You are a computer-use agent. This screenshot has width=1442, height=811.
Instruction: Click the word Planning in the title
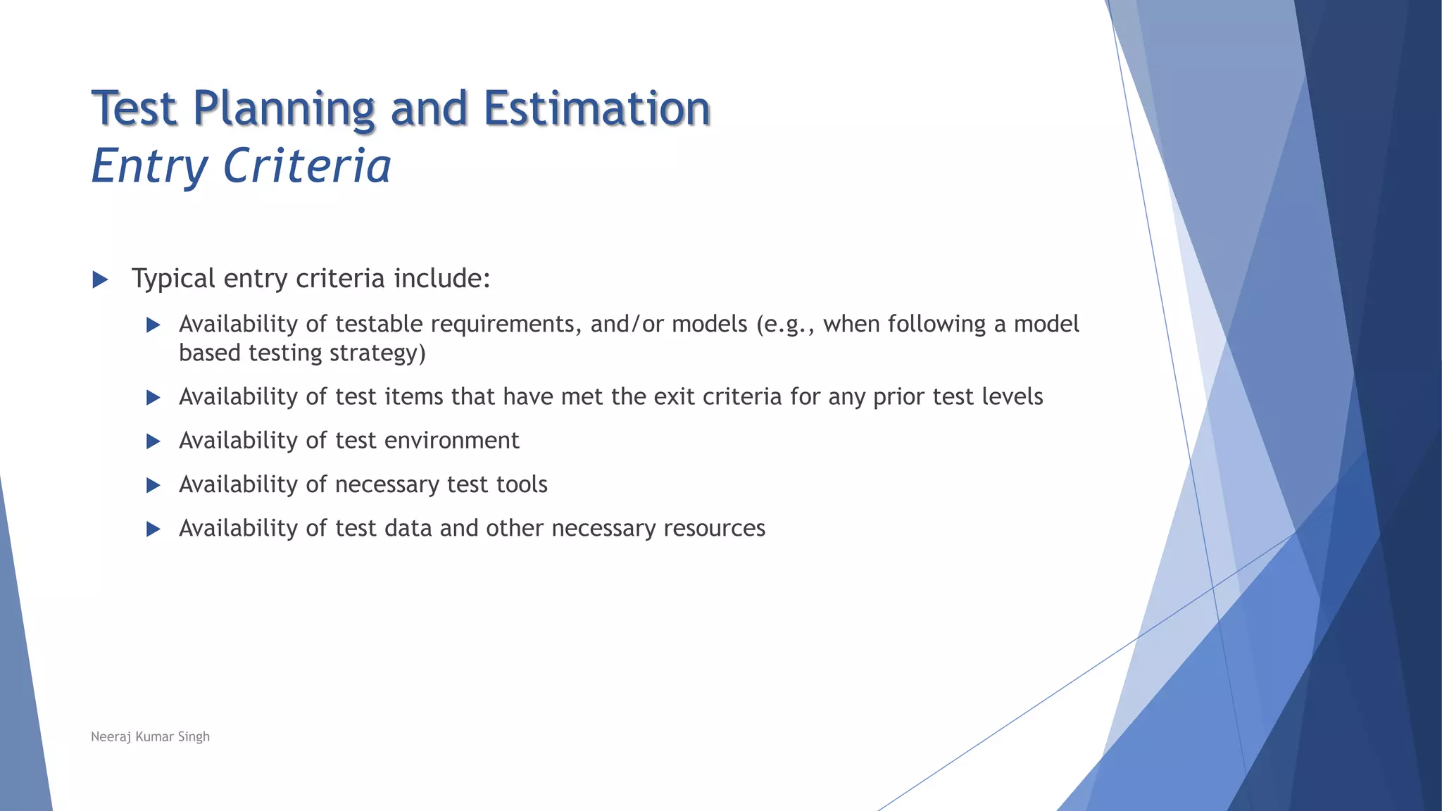(x=283, y=109)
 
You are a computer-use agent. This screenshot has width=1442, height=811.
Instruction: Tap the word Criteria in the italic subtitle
(x=307, y=167)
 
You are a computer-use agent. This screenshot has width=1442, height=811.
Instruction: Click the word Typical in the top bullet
(x=173, y=279)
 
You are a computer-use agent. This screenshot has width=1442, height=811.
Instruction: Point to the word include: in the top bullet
(x=441, y=278)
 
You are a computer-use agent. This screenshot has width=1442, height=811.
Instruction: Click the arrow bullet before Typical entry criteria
(x=100, y=280)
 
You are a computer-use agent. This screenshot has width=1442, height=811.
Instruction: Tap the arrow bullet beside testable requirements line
(x=153, y=325)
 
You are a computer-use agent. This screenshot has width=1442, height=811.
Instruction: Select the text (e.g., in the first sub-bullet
(x=785, y=325)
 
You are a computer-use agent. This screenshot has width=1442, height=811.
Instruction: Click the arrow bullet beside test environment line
(x=153, y=441)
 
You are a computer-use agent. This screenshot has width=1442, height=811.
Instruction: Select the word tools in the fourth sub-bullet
(x=522, y=484)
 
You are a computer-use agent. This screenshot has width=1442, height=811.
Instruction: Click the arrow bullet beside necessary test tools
(x=153, y=485)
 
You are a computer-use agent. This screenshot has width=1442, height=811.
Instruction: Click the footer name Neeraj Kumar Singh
(x=150, y=736)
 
